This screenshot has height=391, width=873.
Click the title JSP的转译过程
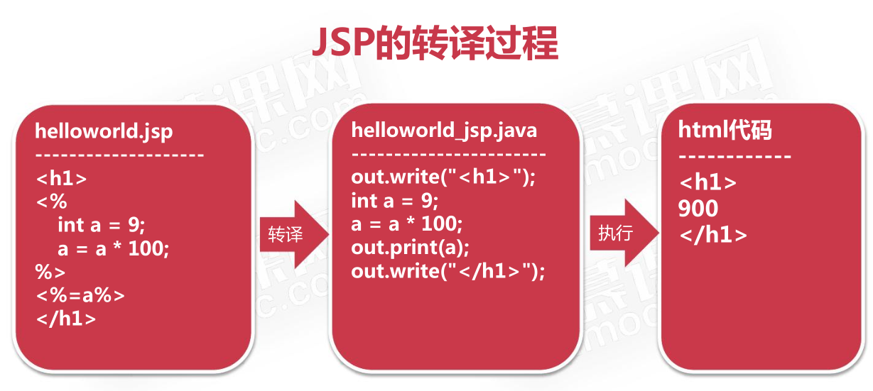tap(435, 43)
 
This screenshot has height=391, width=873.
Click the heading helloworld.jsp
tap(104, 131)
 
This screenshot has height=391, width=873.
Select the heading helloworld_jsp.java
tap(444, 131)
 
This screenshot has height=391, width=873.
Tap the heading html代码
tap(725, 130)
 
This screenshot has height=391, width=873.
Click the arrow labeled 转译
tap(294, 234)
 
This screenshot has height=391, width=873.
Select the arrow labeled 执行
tap(624, 233)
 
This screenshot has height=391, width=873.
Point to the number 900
tap(698, 209)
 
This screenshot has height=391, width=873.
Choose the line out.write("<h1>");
tap(443, 177)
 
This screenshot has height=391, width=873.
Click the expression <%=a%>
tap(80, 295)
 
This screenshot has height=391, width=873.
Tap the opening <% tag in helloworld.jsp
tap(51, 202)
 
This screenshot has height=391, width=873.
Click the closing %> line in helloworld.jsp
tap(50, 272)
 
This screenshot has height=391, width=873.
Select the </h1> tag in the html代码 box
tap(713, 235)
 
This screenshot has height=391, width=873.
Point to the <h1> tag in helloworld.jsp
tap(61, 178)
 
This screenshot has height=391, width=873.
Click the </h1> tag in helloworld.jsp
tap(66, 319)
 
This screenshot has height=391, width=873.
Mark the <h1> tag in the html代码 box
tap(707, 182)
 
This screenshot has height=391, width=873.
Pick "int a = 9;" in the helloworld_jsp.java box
tap(394, 201)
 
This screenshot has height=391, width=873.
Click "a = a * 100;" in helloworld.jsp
tap(114, 248)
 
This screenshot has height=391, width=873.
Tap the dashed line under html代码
tap(734, 157)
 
